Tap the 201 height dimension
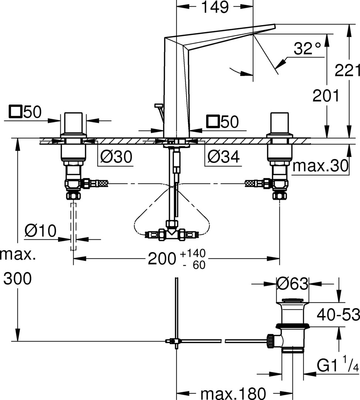(326, 96)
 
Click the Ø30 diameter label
(116, 156)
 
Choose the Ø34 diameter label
(223, 156)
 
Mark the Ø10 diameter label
(40, 231)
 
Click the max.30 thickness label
(320, 166)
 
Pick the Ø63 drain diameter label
(292, 283)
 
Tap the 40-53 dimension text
(338, 314)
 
